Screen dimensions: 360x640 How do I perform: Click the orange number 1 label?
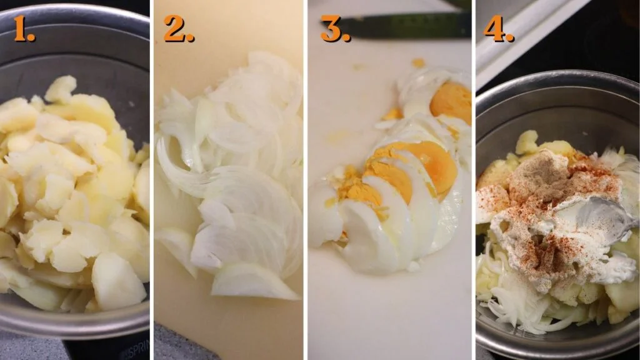coord(23,29)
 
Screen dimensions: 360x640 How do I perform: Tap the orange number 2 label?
coord(178,29)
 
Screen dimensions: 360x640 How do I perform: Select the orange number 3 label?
coord(334,29)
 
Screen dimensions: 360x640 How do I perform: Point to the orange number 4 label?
coord(498,29)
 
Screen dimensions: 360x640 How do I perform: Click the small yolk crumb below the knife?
coord(418,63)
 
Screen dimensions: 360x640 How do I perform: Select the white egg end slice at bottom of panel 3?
coord(325,216)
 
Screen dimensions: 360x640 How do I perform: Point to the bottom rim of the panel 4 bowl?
coord(556,350)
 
